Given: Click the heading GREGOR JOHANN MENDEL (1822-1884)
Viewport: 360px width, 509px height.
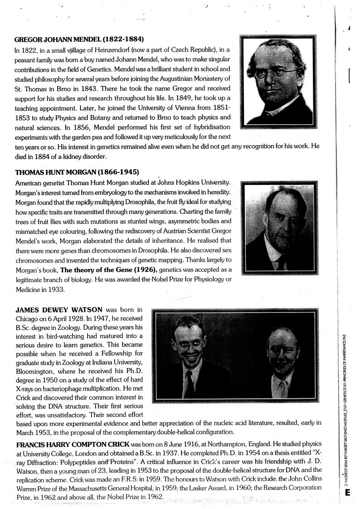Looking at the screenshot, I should pos(80,39).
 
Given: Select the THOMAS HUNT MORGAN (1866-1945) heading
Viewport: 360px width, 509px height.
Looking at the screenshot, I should pos(77,173).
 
